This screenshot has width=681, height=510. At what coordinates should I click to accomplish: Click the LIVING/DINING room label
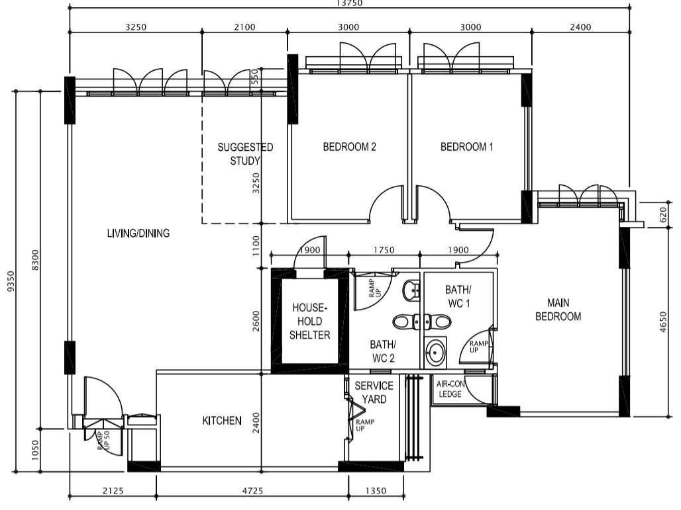(138, 234)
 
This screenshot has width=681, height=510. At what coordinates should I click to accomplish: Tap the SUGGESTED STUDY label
(245, 154)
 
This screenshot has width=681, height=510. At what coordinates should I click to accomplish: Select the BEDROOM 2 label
(349, 147)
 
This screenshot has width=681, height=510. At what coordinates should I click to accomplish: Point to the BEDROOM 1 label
(467, 147)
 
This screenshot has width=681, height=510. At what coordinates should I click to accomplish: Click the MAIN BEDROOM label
(558, 309)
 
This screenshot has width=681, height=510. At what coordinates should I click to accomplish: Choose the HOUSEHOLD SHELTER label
(309, 321)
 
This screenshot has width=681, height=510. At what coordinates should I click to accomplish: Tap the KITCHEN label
(222, 421)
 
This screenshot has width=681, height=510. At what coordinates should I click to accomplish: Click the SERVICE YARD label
(374, 392)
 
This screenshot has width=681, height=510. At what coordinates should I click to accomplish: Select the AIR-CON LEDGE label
(450, 389)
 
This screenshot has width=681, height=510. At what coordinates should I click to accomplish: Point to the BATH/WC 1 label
(458, 296)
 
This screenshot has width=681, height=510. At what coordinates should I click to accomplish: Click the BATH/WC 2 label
(383, 351)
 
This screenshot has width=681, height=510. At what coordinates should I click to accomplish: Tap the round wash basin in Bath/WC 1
(435, 352)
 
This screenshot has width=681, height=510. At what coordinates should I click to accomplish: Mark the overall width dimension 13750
(349, 3)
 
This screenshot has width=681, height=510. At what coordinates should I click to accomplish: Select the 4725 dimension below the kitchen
(252, 491)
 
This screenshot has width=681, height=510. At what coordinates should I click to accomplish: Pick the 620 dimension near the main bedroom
(662, 214)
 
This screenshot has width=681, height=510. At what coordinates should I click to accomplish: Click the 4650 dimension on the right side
(662, 321)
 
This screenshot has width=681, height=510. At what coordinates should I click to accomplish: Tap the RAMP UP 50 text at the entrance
(104, 440)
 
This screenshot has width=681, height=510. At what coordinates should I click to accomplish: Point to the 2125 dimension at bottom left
(113, 491)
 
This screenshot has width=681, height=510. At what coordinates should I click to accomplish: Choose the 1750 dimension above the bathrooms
(384, 250)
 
